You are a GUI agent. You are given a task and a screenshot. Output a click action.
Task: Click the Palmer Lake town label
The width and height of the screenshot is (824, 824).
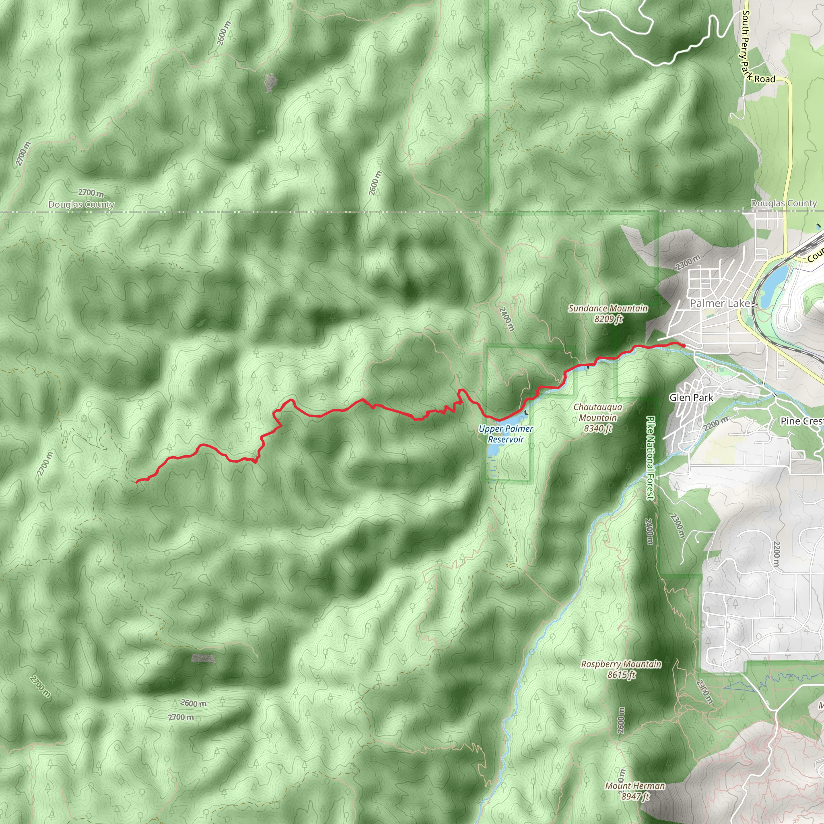(719, 304)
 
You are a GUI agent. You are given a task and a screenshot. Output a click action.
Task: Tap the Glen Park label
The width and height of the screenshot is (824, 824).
(691, 398)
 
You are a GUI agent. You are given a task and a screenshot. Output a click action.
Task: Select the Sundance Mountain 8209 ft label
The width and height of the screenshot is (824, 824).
(608, 313)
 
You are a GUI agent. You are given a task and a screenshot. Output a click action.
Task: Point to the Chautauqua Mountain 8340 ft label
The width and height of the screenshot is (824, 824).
(597, 418)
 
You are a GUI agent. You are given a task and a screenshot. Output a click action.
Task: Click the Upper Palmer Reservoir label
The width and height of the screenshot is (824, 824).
(506, 434)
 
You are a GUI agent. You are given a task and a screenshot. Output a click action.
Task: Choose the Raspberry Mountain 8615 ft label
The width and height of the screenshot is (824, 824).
(621, 669)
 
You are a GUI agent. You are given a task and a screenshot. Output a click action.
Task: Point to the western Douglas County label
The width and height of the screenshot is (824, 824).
(81, 205)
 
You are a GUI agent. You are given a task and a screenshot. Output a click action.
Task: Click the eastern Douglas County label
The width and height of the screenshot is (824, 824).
(783, 204)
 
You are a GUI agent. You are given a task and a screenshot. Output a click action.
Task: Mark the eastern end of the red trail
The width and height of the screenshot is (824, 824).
(684, 346)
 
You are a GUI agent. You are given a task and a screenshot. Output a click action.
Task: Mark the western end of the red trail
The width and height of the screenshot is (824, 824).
(137, 482)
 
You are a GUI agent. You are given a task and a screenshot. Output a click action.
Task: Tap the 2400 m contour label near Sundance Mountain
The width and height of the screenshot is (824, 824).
(507, 319)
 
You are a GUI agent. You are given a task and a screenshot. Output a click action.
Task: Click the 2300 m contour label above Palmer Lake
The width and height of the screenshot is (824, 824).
(688, 263)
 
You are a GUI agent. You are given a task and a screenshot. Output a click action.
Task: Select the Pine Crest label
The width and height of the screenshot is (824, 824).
(802, 421)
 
